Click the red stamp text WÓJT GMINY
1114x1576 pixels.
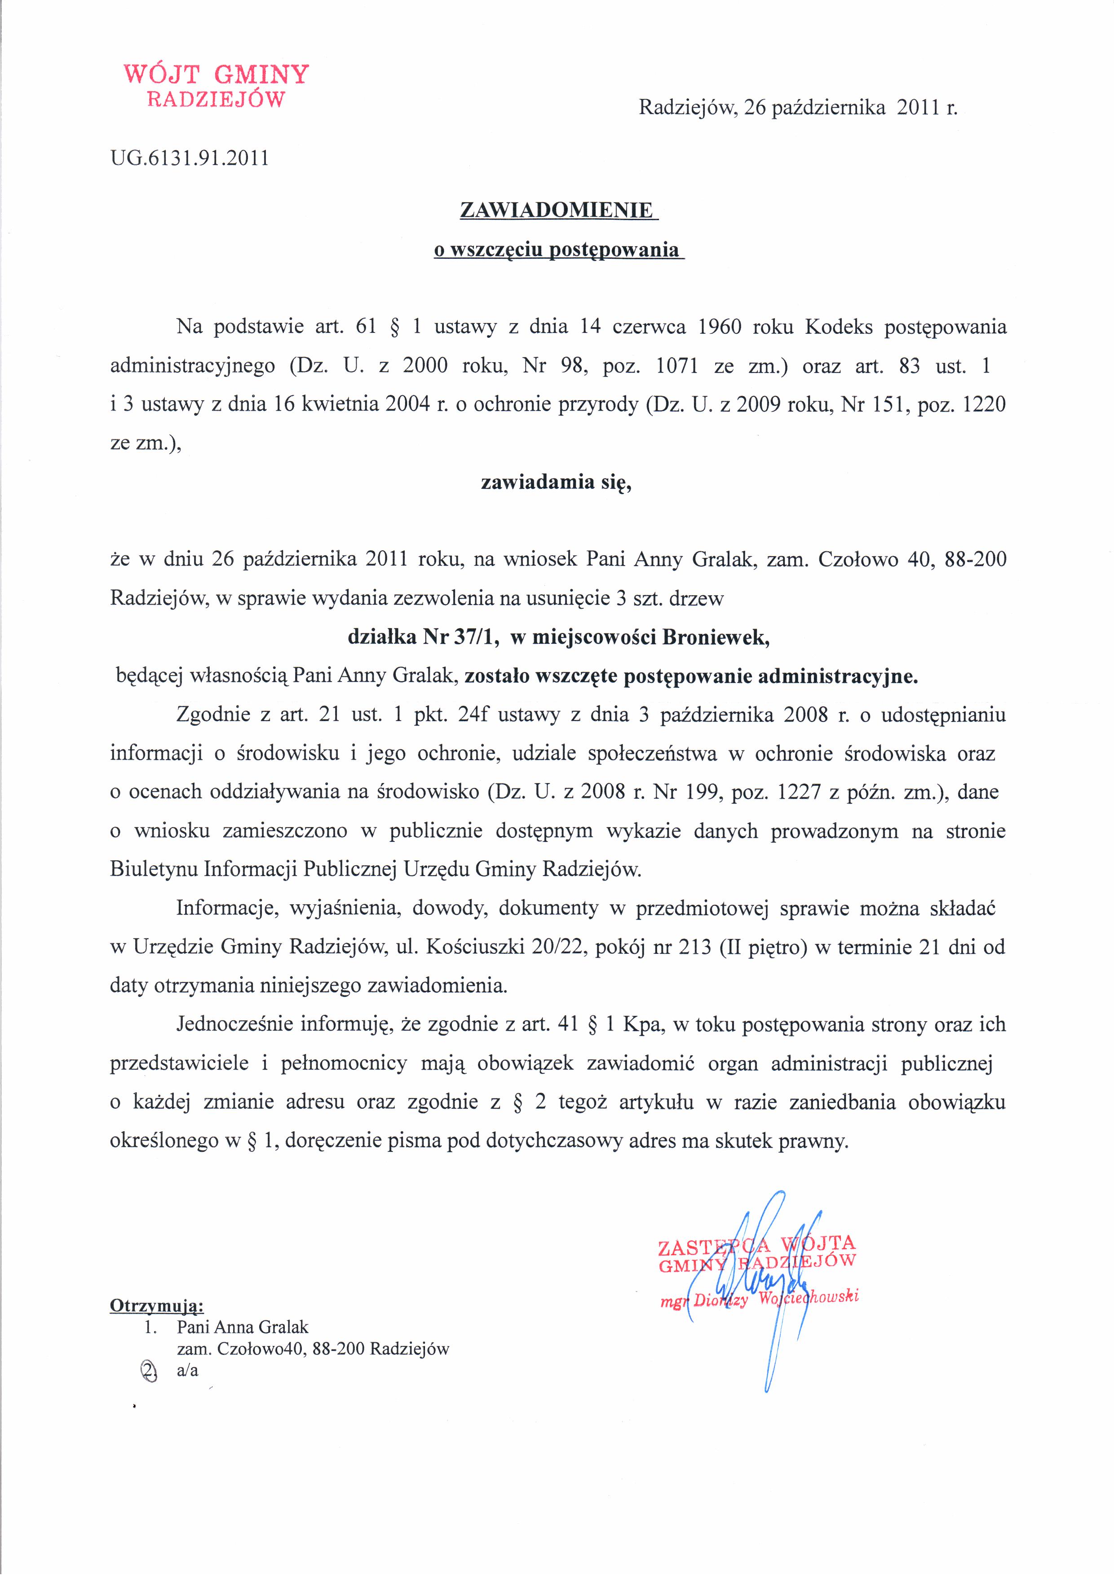pyautogui.click(x=216, y=73)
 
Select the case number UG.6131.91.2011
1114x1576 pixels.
pyautogui.click(x=190, y=159)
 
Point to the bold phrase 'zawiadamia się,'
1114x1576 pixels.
pyautogui.click(x=556, y=482)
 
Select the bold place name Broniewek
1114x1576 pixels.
pyautogui.click(x=714, y=637)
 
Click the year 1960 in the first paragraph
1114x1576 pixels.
pyautogui.click(x=719, y=327)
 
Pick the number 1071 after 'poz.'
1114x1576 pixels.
pyautogui.click(x=677, y=366)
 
